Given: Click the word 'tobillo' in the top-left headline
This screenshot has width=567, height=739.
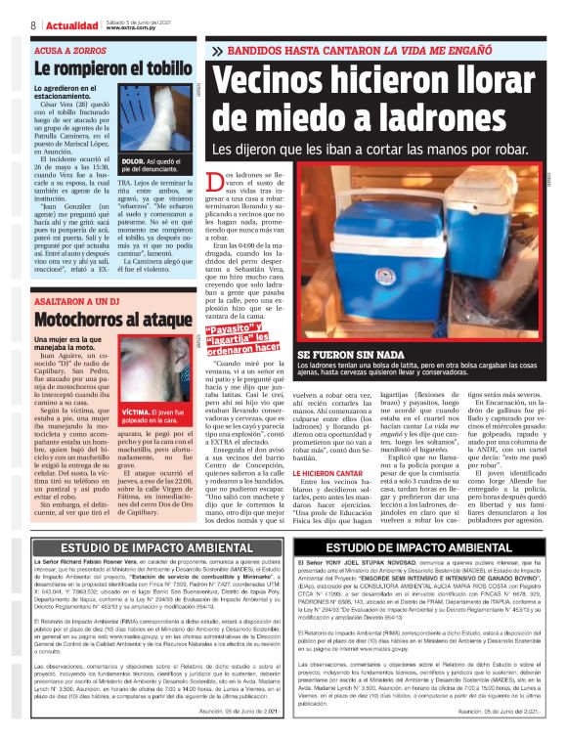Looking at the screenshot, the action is click(150, 70).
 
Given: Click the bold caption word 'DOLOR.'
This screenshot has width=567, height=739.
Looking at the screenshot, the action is click(133, 158).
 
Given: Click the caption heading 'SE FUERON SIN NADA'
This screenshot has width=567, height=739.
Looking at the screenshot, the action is click(350, 353).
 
